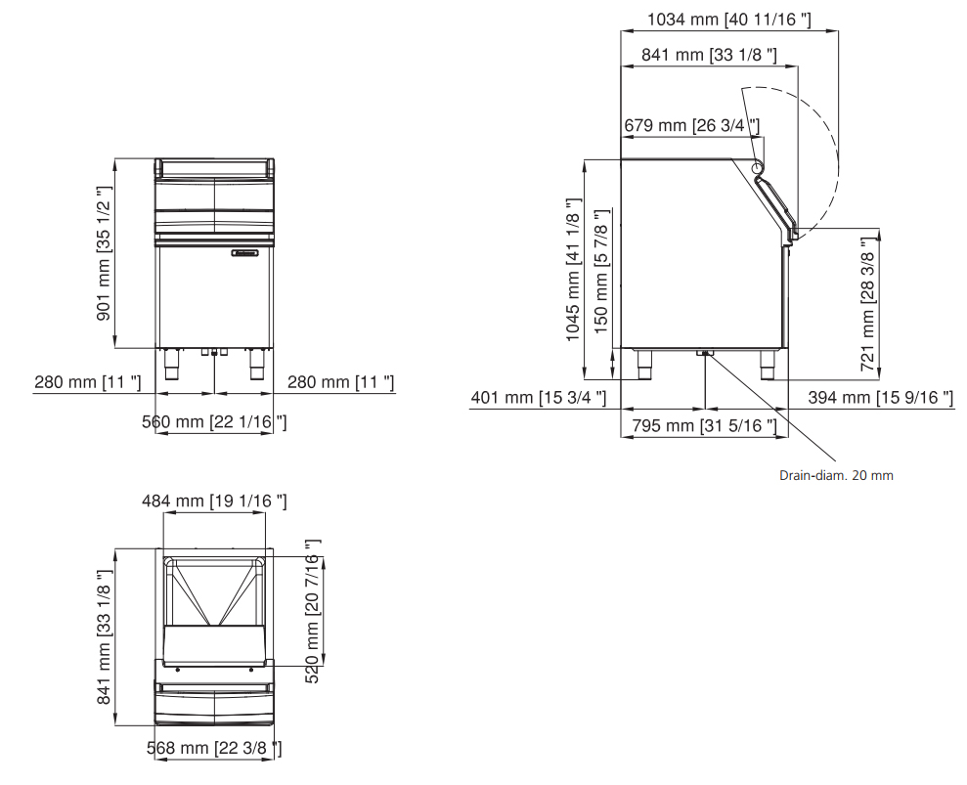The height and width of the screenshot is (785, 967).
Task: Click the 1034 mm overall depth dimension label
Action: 729,20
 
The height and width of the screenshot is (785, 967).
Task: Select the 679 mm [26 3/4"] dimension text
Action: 692,126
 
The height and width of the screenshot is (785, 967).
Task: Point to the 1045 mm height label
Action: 573,270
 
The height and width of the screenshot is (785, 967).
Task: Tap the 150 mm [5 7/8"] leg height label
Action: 601,272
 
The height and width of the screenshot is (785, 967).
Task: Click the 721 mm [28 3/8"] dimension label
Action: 867,304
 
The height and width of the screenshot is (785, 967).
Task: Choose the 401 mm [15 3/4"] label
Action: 539,397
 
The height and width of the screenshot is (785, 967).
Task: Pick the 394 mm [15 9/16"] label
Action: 881,397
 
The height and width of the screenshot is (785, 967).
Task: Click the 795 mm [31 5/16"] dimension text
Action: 704,425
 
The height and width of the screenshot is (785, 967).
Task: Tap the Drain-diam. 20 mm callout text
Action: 836,475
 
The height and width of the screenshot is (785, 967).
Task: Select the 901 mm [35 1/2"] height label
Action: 104,253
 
